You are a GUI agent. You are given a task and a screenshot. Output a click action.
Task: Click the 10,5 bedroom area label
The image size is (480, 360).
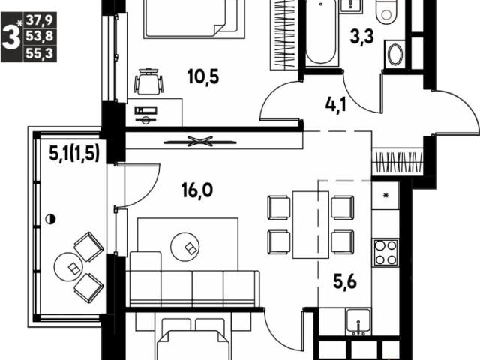[203, 76]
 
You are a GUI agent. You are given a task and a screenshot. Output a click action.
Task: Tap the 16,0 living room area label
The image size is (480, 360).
[197, 190]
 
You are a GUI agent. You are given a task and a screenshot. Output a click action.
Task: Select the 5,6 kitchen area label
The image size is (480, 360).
[345, 282]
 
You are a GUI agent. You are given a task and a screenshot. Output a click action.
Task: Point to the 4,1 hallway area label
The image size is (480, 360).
[336, 105]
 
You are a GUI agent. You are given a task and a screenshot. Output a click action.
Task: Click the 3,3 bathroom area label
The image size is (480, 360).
[362, 37]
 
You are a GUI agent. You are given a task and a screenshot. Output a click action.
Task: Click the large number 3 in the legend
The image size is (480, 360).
[11, 37]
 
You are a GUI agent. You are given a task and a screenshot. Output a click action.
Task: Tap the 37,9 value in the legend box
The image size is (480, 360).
[40, 20]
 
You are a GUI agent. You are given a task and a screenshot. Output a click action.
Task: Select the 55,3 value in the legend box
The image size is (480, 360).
[40, 53]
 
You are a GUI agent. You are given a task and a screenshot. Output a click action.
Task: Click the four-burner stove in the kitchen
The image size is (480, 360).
[385, 253]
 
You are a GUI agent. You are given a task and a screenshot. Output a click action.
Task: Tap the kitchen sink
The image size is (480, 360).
[358, 322]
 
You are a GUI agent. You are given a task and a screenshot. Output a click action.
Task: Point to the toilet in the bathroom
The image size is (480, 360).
[388, 12]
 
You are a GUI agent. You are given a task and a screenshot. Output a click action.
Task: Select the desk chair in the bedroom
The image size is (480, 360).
[148, 81]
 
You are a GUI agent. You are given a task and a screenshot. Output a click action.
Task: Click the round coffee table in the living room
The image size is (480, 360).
[185, 247]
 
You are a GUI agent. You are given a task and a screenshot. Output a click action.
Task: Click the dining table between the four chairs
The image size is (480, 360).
[310, 225]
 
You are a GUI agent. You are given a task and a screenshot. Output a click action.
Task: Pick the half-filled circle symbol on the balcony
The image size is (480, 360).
[50, 219]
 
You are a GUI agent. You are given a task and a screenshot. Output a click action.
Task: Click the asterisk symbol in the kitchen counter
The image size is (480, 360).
[386, 195]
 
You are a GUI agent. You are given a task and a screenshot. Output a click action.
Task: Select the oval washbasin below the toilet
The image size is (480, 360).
[395, 55]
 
